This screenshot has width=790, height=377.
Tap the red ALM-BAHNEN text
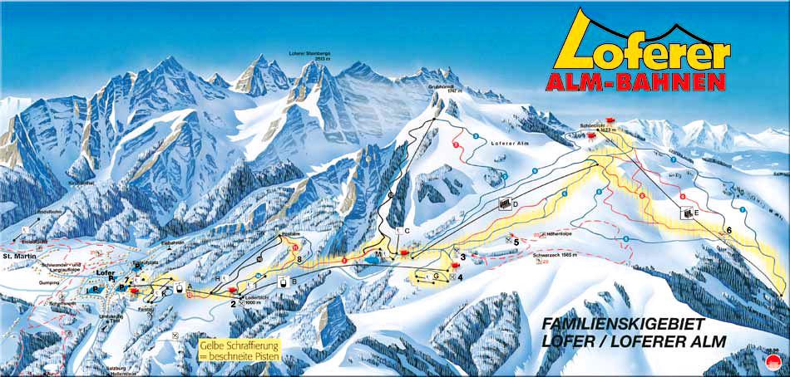point(634,82)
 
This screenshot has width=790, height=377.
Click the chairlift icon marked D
point(504,203)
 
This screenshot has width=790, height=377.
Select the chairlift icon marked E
point(688,212)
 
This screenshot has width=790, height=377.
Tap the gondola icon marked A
point(178,287)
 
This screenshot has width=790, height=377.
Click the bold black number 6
point(729,230)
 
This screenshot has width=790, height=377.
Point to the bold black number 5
point(516,242)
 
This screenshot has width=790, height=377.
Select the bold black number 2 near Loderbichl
point(234,304)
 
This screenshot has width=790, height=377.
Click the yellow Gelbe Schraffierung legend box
point(239,349)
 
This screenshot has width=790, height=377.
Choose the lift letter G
point(436,275)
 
